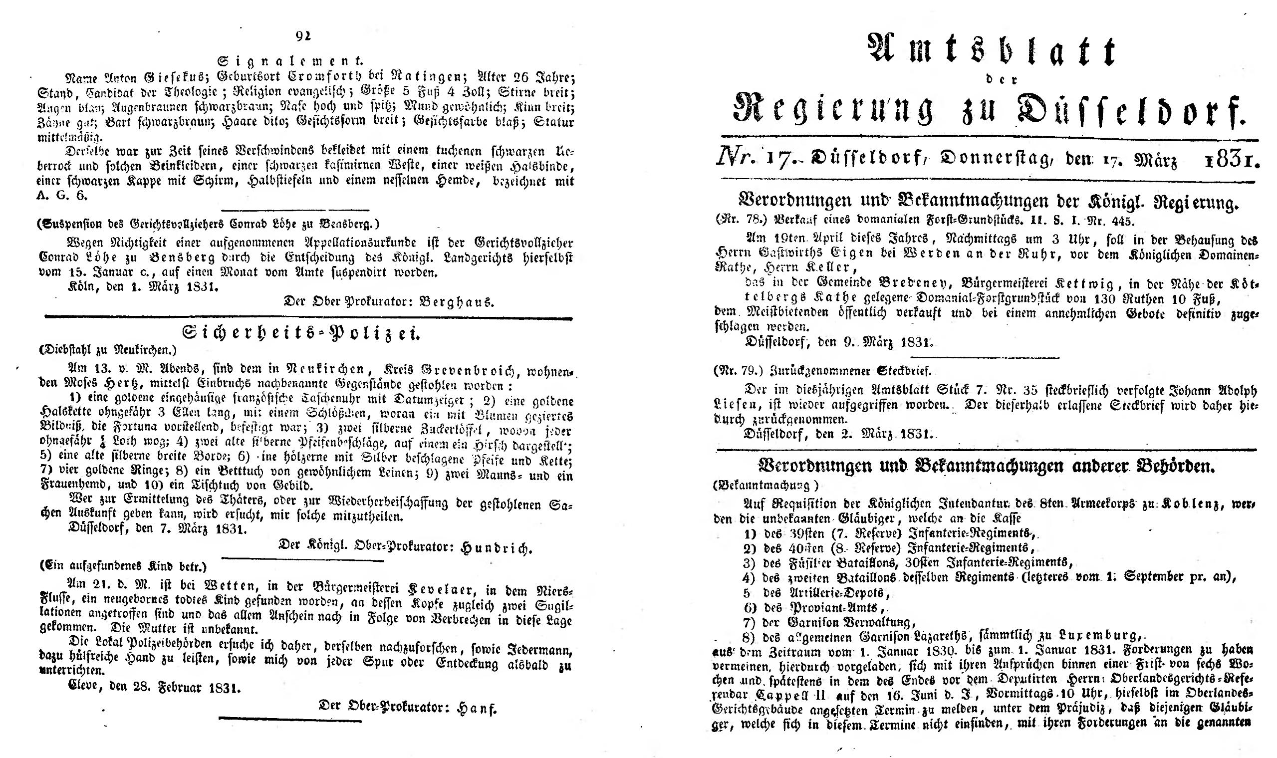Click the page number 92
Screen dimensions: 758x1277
tap(303, 36)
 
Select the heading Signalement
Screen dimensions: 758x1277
tap(290, 61)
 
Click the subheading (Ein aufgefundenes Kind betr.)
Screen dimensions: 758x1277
tap(123, 566)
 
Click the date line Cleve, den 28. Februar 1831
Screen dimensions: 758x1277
tap(154, 688)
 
